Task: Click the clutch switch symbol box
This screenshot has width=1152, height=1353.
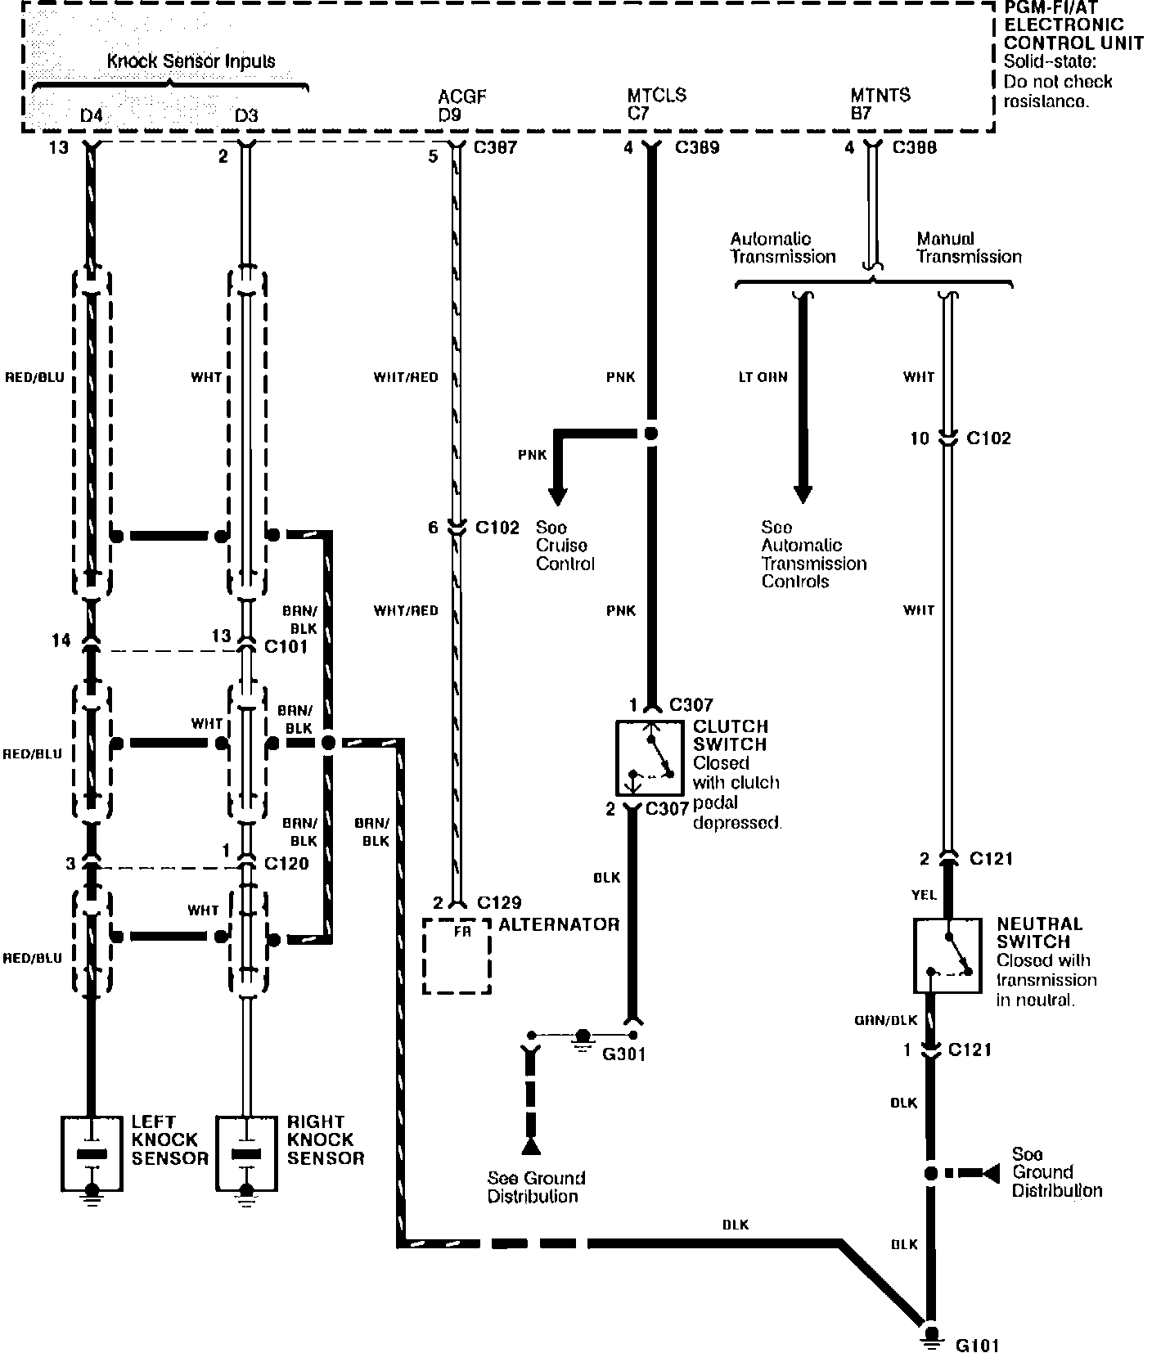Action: point(650,757)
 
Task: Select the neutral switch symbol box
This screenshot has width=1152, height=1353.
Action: point(947,955)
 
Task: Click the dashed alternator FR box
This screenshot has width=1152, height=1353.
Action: point(457,955)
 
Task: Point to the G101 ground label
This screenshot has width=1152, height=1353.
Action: point(978,1345)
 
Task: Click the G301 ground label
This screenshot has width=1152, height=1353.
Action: point(623,1054)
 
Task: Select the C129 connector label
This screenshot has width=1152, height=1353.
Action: point(499,903)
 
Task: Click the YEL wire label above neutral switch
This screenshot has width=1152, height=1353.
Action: point(924,896)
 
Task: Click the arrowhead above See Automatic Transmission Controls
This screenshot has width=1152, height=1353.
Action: point(803,493)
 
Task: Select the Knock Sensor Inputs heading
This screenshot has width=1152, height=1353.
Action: point(191,61)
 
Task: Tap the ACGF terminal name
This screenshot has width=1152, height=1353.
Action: point(461,97)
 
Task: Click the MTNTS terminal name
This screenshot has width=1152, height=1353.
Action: point(880,95)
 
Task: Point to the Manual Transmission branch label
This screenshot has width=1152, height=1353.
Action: point(969,248)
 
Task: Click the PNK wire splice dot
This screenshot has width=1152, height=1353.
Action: point(651,434)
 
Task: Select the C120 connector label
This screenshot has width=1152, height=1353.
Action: point(286,863)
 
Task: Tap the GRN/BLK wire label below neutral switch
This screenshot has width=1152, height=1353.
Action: point(886,1020)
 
